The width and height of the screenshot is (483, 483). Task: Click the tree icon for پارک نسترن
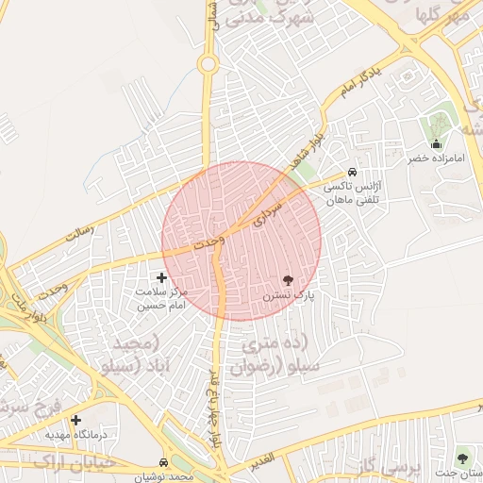tap(288, 280)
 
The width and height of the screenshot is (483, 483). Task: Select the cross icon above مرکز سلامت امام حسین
tap(161, 277)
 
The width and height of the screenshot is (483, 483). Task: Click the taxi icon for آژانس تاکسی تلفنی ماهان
tap(352, 173)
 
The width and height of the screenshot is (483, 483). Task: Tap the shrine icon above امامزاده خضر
tap(436, 144)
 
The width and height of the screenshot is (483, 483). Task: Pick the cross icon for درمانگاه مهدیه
tap(75, 420)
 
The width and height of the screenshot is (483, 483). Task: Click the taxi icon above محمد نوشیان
tap(164, 463)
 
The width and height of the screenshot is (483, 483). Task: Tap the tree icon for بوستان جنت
tap(462, 458)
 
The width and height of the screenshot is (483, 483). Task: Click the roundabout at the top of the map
tap(208, 64)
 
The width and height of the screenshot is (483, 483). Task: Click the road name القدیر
tap(261, 458)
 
